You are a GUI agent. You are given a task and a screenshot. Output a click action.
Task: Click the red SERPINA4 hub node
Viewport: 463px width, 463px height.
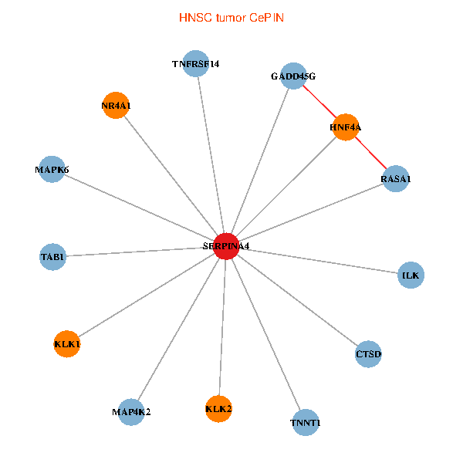[x=225, y=246]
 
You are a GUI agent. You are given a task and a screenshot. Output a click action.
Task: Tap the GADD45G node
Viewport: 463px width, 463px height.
[x=293, y=76]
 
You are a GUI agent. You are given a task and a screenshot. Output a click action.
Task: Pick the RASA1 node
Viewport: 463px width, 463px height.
[x=396, y=179]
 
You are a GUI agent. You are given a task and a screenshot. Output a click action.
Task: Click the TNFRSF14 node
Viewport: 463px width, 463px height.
[x=196, y=64]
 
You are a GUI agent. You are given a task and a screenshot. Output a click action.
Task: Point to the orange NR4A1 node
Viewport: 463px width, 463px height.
[x=115, y=106]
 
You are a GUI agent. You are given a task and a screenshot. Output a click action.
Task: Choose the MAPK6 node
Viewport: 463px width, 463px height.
[x=52, y=169]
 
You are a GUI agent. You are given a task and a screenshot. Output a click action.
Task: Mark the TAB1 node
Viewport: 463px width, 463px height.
[x=52, y=256]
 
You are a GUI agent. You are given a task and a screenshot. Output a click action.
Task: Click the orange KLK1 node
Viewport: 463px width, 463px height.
[x=67, y=343]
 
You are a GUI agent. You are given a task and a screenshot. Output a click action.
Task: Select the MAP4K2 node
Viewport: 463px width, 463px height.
[x=131, y=411]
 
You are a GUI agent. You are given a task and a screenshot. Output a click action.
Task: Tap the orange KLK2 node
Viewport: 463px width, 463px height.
[x=219, y=408]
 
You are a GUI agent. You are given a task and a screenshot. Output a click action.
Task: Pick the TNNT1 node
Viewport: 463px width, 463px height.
[x=306, y=423]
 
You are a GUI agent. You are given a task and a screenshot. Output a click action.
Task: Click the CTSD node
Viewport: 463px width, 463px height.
[x=369, y=354]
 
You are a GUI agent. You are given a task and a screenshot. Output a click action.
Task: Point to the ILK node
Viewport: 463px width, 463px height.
[x=411, y=275]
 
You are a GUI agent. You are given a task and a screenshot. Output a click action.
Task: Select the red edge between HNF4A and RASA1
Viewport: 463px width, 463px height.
[x=371, y=154]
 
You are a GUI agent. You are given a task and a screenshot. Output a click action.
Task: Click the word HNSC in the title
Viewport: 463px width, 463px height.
[x=193, y=17]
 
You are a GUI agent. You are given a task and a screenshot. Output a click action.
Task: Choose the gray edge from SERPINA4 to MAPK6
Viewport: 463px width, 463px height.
[x=139, y=208]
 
